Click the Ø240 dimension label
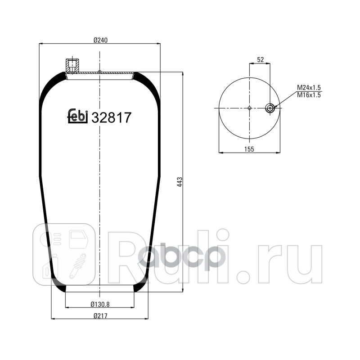(x=99, y=40)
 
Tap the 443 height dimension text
(x=179, y=182)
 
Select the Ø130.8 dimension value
(x=99, y=304)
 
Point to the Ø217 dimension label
(x=99, y=315)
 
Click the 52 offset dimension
(x=260, y=59)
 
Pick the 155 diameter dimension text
(x=250, y=149)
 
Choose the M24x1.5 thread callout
(x=308, y=88)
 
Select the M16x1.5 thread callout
(x=308, y=95)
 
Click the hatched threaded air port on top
(x=72, y=66)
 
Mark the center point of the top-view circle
(x=250, y=108)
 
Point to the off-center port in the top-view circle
(x=270, y=108)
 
